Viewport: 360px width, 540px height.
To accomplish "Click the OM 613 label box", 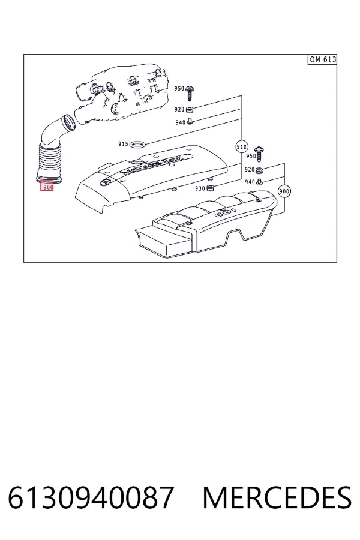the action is tap(322, 59).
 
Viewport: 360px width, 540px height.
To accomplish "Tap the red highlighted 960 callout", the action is tap(47, 186).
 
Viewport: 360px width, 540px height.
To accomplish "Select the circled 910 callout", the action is tap(241, 147).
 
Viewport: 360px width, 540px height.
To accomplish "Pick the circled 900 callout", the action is tap(284, 191).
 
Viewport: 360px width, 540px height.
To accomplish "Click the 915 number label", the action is tap(123, 144).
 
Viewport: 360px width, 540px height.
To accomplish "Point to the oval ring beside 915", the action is tap(139, 144).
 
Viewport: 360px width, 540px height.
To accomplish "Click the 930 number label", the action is tap(200, 189).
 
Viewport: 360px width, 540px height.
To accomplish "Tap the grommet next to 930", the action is tap(210, 188).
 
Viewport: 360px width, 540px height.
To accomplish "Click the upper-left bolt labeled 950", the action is tap(190, 92).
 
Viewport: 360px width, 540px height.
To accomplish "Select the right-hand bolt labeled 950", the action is tap(259, 154).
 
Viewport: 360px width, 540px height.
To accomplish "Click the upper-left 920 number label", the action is tap(179, 110).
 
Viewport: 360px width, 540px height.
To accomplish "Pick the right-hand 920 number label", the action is tap(250, 169).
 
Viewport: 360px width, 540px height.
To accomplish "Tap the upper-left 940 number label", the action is tap(180, 122).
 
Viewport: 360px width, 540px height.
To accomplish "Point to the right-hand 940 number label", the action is tap(250, 182).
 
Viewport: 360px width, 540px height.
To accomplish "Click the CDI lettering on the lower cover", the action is tap(226, 212).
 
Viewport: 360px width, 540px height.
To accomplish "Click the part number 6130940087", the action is tap(91, 497).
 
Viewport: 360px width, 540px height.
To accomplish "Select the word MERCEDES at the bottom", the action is tap(277, 497).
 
